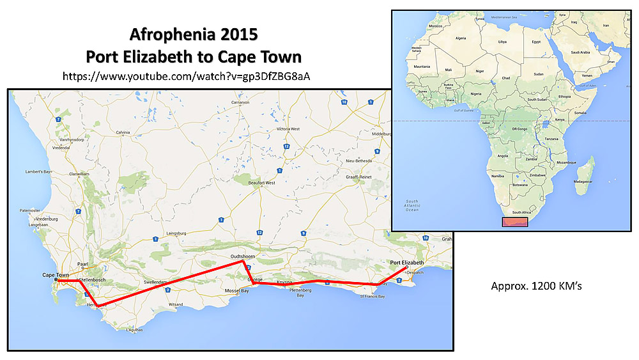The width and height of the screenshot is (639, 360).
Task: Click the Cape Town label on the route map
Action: [56, 274]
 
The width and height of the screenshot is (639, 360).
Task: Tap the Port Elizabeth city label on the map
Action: [406, 263]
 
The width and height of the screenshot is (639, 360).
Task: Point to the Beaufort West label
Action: [261, 183]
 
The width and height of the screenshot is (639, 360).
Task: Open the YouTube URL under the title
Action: [189, 76]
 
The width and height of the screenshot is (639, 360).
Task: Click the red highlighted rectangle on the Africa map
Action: [514, 222]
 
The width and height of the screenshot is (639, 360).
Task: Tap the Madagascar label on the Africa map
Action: [583, 181]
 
